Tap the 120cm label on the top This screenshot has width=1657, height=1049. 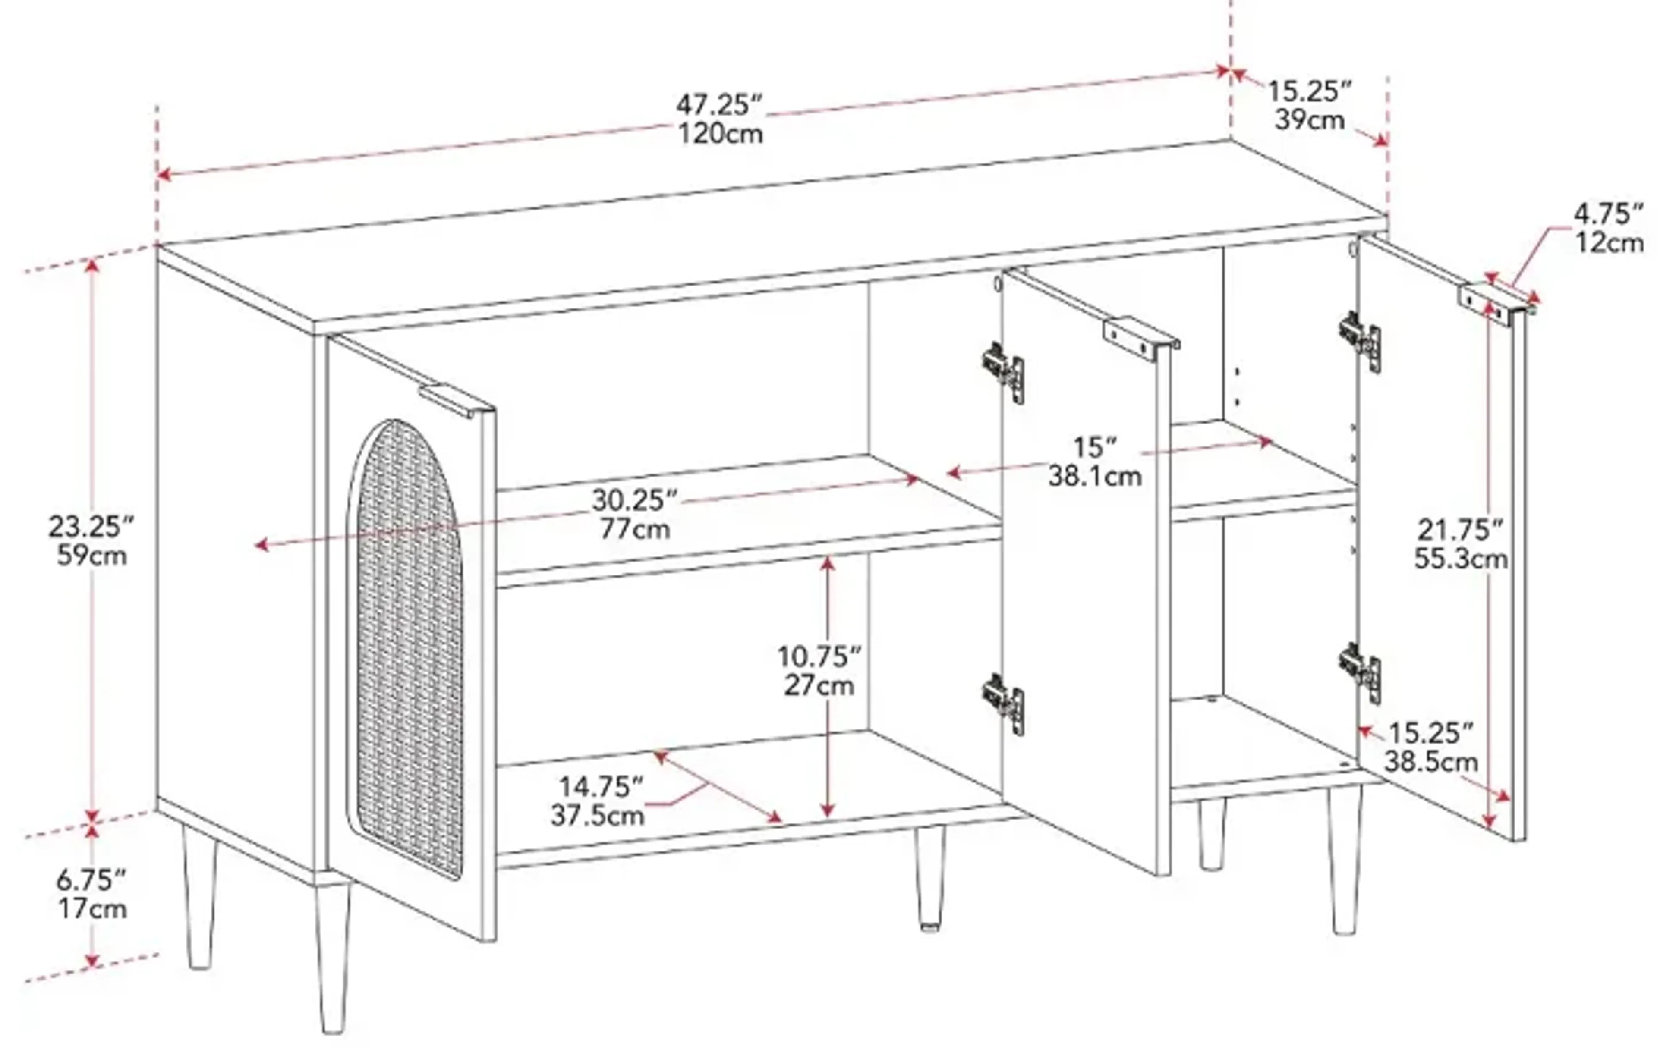tap(721, 133)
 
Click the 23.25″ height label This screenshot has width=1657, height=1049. tap(91, 527)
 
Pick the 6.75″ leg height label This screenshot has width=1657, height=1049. tap(91, 879)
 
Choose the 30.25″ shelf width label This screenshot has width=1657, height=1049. tap(634, 500)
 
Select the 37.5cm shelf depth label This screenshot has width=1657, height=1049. tap(597, 816)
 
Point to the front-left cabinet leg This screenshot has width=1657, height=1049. tap(333, 963)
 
